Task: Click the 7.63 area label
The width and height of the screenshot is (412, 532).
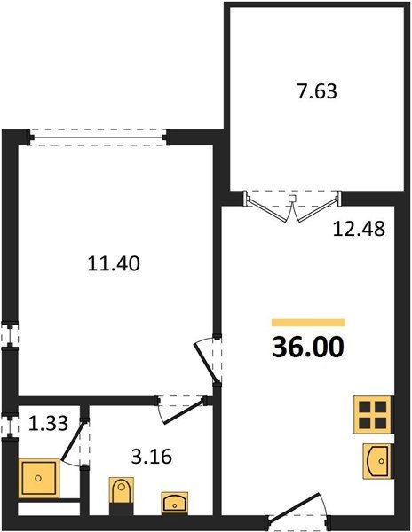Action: [x=317, y=91]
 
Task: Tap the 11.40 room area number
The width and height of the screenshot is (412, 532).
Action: [x=114, y=263]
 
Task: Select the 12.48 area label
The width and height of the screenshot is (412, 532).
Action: [x=359, y=229]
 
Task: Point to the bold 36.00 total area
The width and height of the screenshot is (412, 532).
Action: [x=308, y=348]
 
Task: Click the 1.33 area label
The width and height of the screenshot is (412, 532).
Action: [x=48, y=424]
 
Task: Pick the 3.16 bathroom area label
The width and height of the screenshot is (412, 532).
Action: [x=152, y=457]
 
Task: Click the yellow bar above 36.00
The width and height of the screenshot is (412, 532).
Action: [x=308, y=323]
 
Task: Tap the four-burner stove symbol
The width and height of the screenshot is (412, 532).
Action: [x=373, y=415]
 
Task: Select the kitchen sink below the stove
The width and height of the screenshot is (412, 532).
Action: [x=377, y=461]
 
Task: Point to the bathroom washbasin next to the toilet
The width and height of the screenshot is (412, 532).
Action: [x=175, y=503]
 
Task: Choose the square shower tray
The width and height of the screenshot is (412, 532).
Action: [x=38, y=478]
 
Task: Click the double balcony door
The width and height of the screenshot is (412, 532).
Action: [x=292, y=207]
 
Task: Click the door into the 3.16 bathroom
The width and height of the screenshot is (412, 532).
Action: [x=182, y=410]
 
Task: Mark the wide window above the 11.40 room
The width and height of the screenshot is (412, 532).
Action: [x=99, y=137]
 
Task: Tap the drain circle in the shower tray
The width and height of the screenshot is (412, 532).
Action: [x=38, y=478]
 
